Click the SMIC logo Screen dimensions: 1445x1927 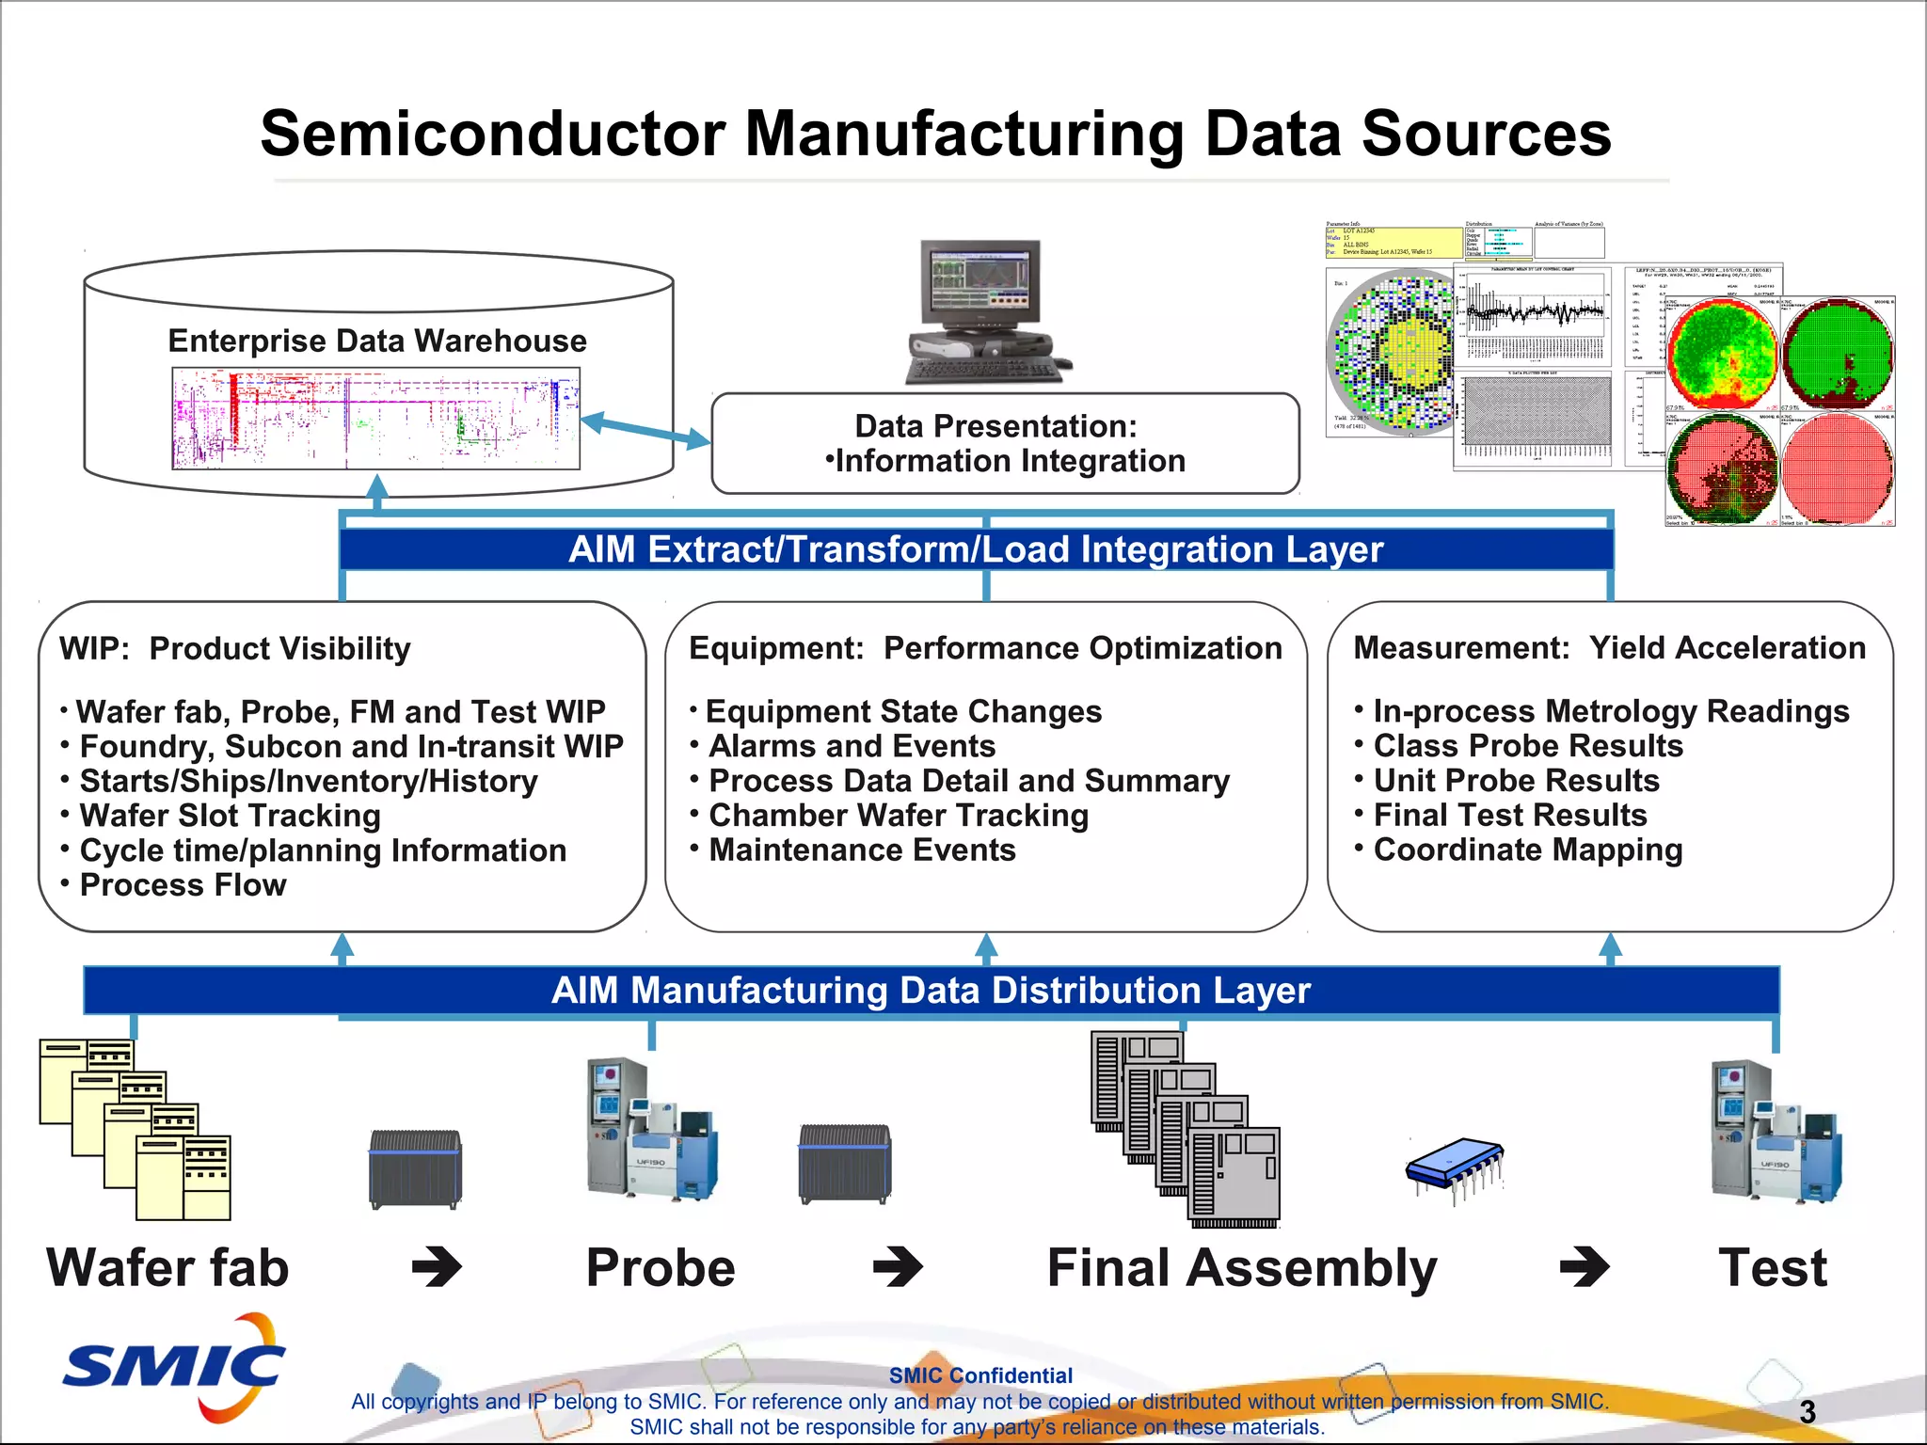click(174, 1366)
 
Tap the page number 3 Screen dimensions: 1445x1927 click(1807, 1411)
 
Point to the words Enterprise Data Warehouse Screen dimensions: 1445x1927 click(376, 341)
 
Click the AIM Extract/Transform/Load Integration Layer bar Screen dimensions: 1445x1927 click(976, 549)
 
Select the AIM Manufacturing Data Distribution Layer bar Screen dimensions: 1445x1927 click(931, 991)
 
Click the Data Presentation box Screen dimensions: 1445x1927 click(1005, 443)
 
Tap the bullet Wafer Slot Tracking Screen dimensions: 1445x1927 click(230, 816)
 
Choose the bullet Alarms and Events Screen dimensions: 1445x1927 click(852, 746)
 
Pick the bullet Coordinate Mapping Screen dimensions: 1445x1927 click(1527, 850)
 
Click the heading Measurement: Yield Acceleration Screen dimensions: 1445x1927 click(1609, 648)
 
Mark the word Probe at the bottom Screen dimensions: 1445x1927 click(661, 1267)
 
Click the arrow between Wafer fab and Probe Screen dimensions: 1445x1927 click(438, 1266)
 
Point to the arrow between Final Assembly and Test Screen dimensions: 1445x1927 click(1585, 1266)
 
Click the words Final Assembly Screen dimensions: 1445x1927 click(1242, 1267)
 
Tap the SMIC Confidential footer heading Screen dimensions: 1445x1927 click(980, 1375)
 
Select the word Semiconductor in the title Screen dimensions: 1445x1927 click(492, 134)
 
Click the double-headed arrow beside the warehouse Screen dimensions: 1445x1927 click(645, 431)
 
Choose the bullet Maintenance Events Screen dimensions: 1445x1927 click(862, 850)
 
